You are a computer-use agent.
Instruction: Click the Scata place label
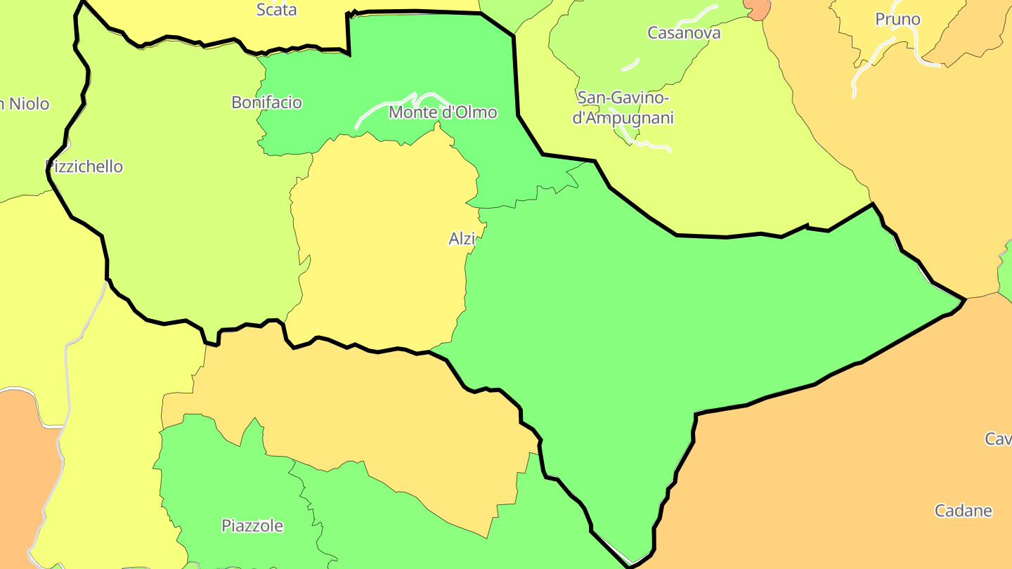(276, 10)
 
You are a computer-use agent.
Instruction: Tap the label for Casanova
(684, 32)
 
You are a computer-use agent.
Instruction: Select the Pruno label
(897, 19)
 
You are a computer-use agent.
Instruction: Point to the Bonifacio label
(266, 103)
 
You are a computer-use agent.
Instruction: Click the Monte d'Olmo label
(443, 112)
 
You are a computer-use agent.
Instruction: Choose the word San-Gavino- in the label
(623, 98)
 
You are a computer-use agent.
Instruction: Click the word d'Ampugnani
(623, 117)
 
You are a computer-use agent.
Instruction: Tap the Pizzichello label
(84, 166)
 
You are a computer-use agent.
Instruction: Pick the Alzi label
(462, 239)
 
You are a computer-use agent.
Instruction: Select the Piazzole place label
(252, 525)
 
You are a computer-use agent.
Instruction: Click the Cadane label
(963, 511)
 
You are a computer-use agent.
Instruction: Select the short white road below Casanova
(630, 65)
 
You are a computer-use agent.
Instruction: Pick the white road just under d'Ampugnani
(650, 145)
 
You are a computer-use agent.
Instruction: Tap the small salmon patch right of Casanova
(758, 9)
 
